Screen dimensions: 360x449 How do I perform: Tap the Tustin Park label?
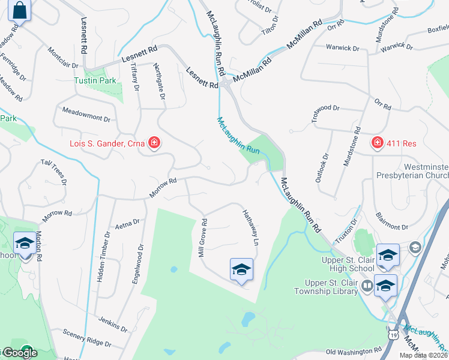click(x=94, y=80)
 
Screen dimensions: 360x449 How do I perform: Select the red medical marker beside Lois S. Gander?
click(x=154, y=143)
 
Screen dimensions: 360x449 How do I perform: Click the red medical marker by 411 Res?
click(x=377, y=143)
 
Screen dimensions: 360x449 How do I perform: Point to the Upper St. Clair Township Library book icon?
click(x=366, y=287)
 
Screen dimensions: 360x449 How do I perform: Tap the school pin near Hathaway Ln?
click(x=241, y=269)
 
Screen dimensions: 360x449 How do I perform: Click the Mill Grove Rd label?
click(x=203, y=238)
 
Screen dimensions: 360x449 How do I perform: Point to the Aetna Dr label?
click(x=127, y=224)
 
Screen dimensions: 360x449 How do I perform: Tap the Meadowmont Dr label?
click(x=86, y=115)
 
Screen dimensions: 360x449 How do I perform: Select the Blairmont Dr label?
click(x=391, y=226)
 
